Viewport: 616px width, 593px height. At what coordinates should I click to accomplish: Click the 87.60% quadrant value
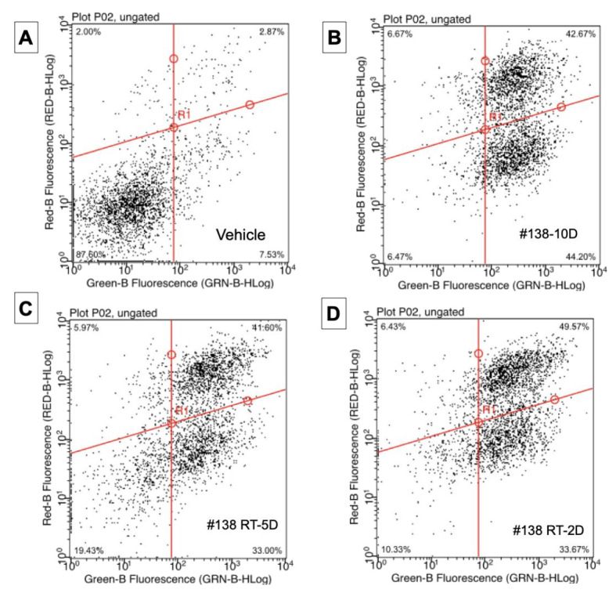[89, 254]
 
